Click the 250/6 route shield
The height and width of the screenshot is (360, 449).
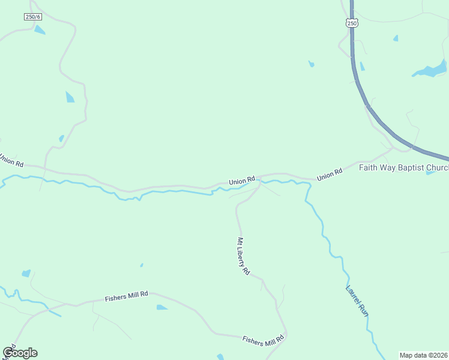32,17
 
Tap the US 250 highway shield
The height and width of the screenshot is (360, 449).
352,23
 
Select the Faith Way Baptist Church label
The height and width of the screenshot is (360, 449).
403,167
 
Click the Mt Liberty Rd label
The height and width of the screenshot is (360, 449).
243,256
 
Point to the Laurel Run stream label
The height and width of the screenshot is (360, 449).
357,300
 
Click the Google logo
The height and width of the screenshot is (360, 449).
20,353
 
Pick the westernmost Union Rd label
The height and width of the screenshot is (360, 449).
11,160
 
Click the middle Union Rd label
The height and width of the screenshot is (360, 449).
242,180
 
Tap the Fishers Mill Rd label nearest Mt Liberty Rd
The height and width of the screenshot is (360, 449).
262,341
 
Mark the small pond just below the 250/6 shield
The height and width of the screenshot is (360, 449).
40,29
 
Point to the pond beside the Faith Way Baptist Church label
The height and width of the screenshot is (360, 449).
430,173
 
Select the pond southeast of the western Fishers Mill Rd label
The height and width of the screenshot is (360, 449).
161,307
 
